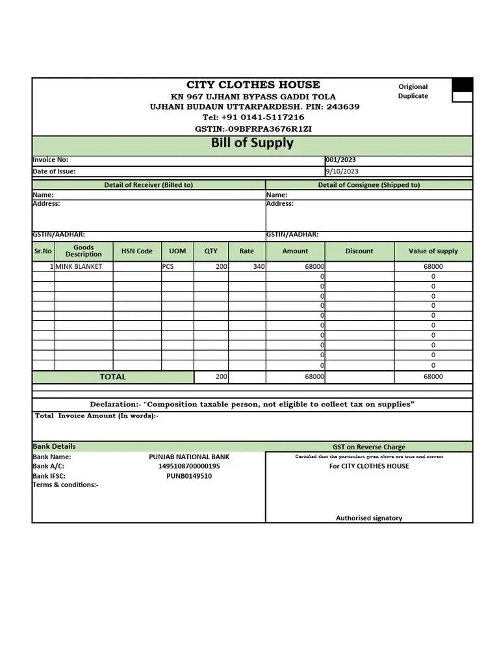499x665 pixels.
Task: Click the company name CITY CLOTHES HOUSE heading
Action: tap(253, 84)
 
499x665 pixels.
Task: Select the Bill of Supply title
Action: tap(252, 143)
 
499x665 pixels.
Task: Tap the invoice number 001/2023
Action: tap(340, 160)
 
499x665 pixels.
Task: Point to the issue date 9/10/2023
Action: tap(342, 171)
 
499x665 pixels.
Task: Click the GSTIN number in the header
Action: tap(253, 129)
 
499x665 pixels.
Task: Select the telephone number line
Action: tap(253, 118)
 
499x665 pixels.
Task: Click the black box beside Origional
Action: tap(462, 85)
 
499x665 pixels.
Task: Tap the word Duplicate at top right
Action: tap(413, 96)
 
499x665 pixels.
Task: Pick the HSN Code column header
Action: tap(137, 251)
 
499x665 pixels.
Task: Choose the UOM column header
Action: tap(177, 251)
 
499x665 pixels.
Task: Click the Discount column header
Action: tap(359, 251)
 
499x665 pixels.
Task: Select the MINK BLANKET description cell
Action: tap(79, 267)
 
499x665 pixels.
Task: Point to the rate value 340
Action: tap(259, 267)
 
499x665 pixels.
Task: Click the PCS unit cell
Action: tap(168, 267)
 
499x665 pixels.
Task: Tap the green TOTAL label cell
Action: tap(113, 377)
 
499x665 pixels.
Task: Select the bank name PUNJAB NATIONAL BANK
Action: tap(189, 457)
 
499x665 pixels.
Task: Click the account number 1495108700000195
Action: tap(189, 466)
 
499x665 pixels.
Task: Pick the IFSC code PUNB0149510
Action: tap(189, 476)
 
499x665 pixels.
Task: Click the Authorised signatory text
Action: tap(369, 518)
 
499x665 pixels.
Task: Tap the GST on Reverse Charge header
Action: tap(369, 447)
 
